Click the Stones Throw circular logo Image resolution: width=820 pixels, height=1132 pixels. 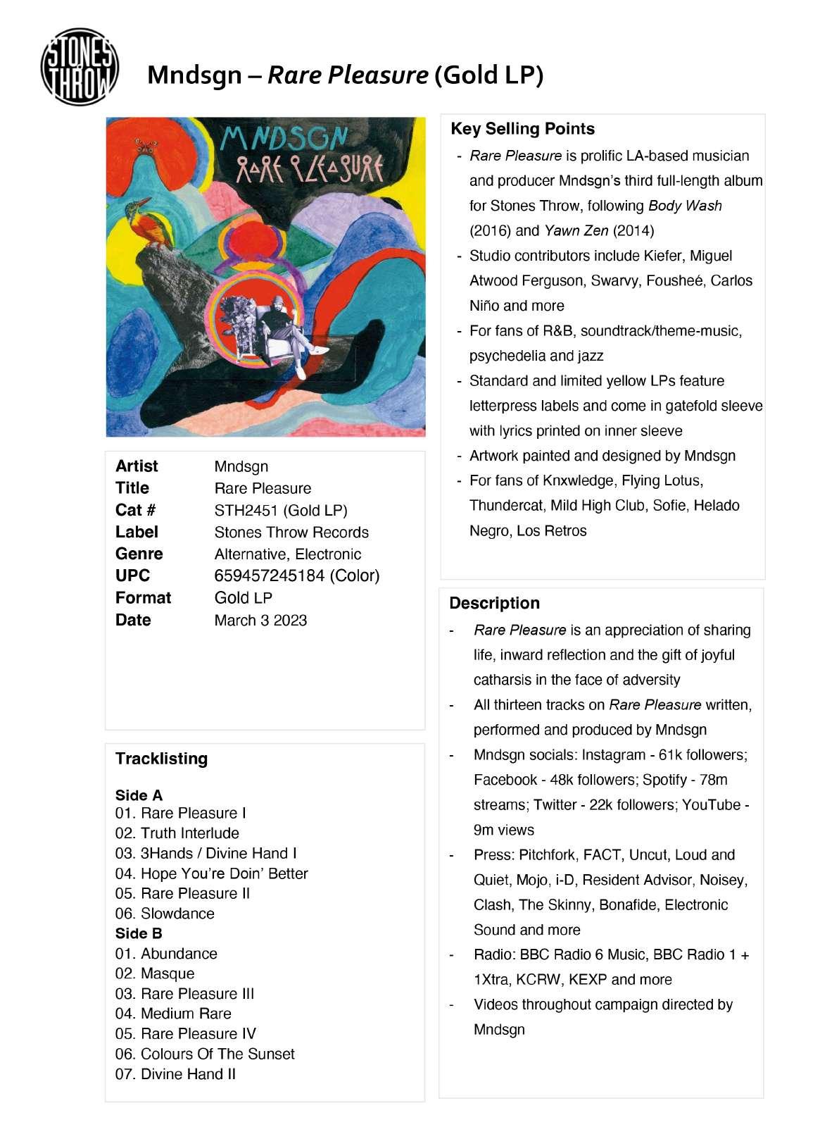coord(80,68)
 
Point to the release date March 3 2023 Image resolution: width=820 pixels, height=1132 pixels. coord(260,620)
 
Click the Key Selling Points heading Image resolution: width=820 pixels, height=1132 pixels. coord(522,129)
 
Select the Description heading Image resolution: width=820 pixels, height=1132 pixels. coord(494,603)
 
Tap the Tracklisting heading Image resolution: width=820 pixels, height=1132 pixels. coord(161,759)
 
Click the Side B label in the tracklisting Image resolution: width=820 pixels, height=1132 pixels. coord(139,933)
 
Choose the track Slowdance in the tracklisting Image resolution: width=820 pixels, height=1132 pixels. coord(177,913)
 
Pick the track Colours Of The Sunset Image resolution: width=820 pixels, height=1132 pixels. coord(217,1054)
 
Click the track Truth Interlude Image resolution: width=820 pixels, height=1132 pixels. coord(189,833)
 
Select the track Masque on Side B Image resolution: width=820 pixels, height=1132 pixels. coord(168,974)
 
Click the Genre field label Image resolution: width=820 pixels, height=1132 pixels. coord(139,554)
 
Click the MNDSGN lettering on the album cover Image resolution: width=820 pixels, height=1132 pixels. coord(284,139)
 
